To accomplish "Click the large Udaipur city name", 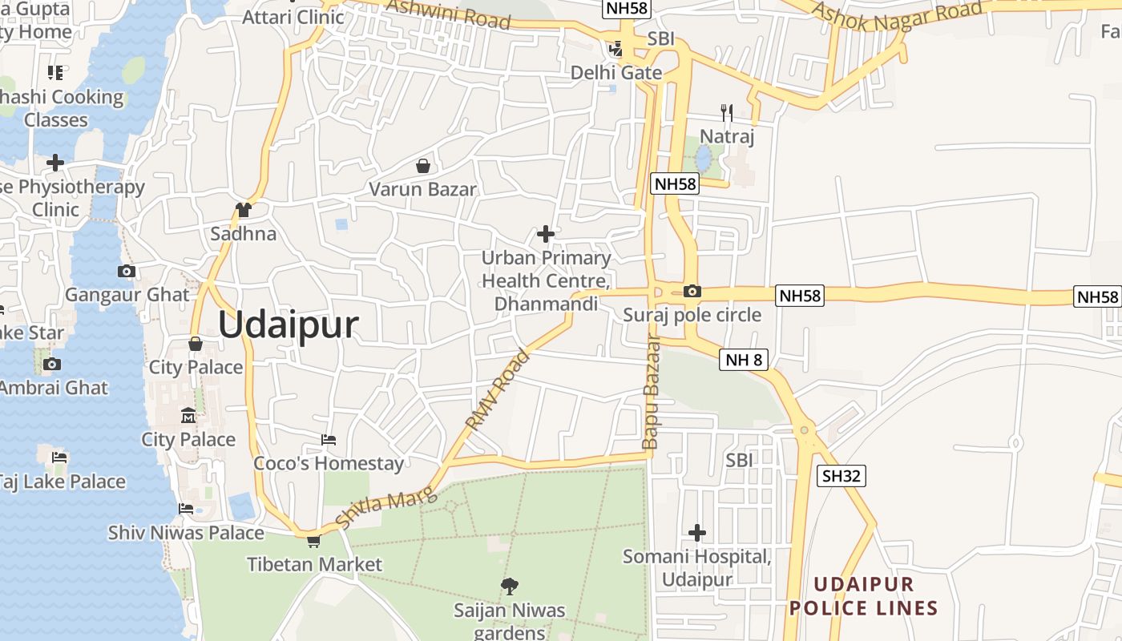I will (288, 325).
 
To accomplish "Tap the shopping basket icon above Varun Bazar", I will (422, 166).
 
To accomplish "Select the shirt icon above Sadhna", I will (244, 210).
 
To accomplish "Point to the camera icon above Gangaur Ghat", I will (127, 271).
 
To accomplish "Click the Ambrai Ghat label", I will (53, 388).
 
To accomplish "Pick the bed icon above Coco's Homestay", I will (329, 440).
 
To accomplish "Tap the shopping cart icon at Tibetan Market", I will (313, 541).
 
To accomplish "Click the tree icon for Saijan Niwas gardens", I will (509, 587).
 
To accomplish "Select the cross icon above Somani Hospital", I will (697, 532).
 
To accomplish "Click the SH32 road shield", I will (841, 476).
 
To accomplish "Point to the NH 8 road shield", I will (744, 360).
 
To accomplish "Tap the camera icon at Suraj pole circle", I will (692, 291).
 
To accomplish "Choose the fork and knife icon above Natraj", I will (727, 112).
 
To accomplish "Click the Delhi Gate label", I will (616, 73).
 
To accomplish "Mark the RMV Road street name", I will (498, 389).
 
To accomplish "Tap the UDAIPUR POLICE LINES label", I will (863, 596).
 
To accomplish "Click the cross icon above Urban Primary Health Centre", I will (546, 234).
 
